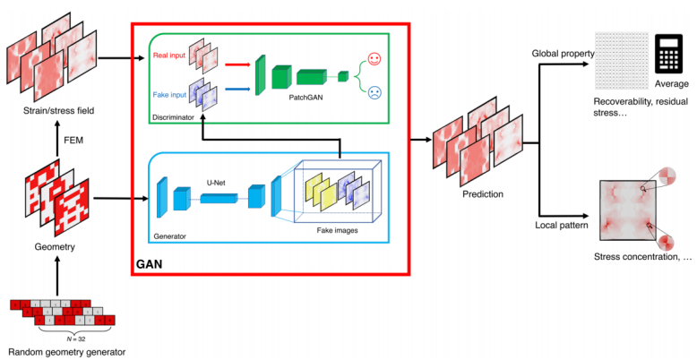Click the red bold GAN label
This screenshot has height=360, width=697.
click(151, 266)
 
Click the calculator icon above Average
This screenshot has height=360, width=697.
click(667, 55)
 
